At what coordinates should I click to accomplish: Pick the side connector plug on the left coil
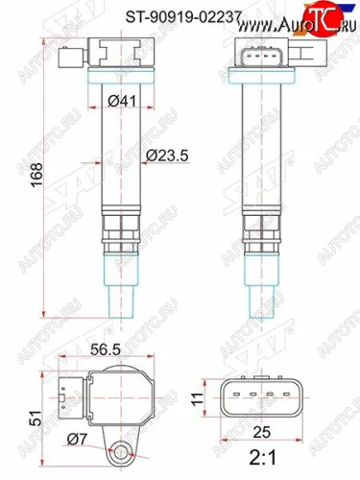click(64, 55)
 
